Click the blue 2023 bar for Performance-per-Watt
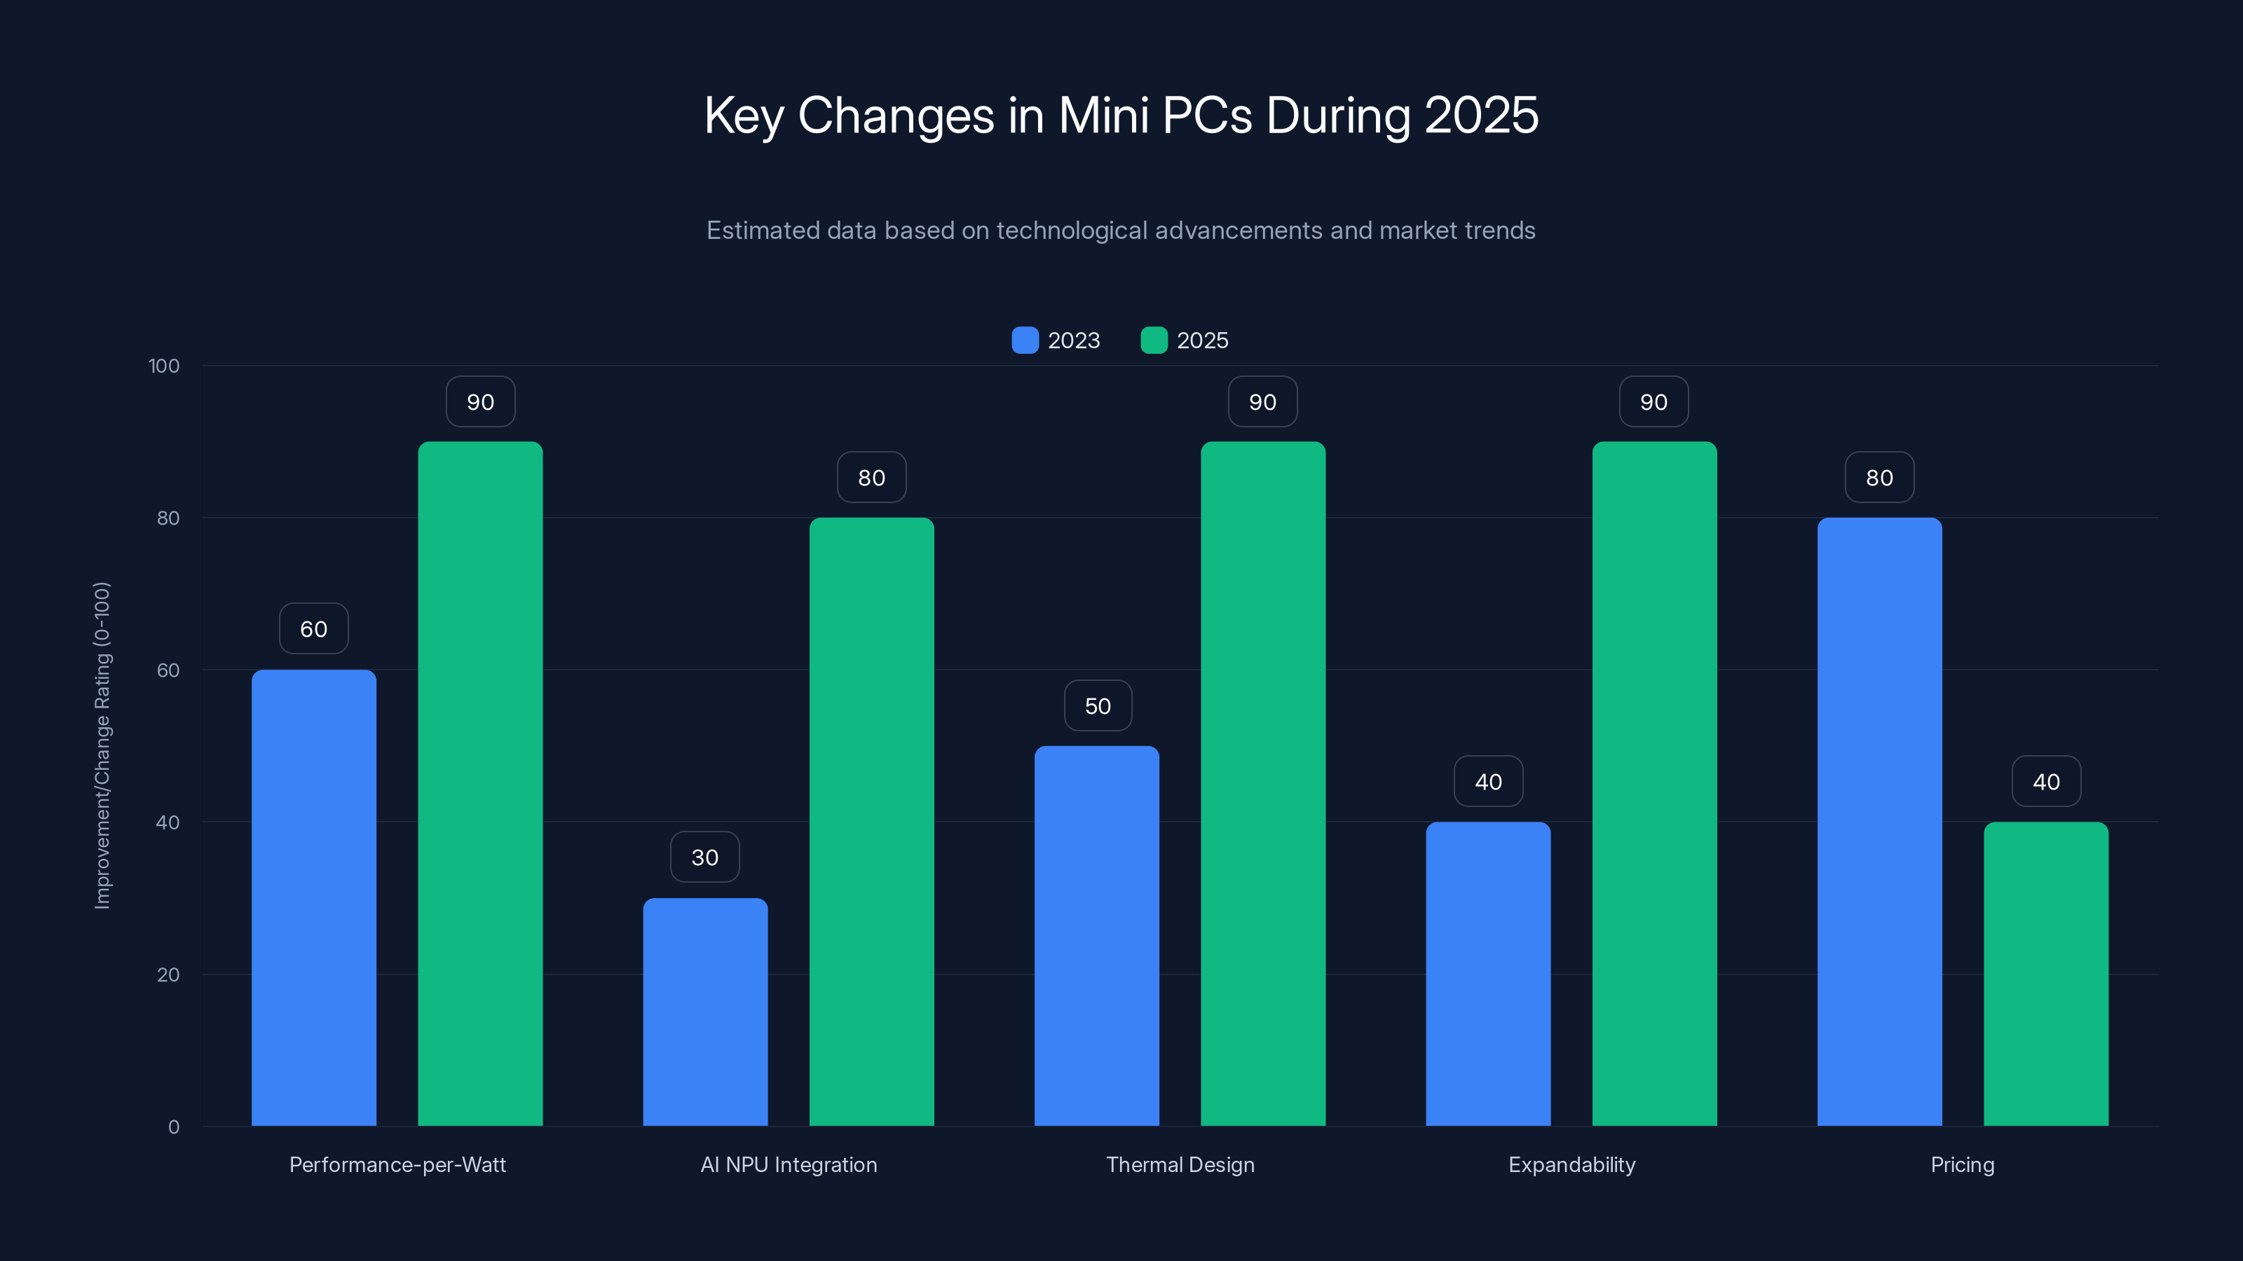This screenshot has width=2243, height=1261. pyautogui.click(x=313, y=897)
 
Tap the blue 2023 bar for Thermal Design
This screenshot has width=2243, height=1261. pyautogui.click(x=1096, y=935)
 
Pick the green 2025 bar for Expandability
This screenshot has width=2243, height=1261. pyautogui.click(x=1654, y=783)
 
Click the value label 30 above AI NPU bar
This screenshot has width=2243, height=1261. pyautogui.click(x=704, y=857)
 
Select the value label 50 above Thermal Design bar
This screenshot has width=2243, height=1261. pyautogui.click(x=1097, y=705)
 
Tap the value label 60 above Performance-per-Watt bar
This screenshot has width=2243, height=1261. pyautogui.click(x=313, y=629)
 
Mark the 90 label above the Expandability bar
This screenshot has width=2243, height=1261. pyautogui.click(x=1653, y=402)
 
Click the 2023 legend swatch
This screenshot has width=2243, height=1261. pyautogui.click(x=1025, y=340)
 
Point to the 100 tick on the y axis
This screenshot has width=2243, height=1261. pyautogui.click(x=164, y=366)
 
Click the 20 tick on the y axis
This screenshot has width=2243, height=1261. pyautogui.click(x=168, y=974)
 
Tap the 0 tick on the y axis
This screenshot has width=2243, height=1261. pyautogui.click(x=173, y=1127)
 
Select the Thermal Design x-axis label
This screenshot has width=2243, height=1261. pyautogui.click(x=1180, y=1164)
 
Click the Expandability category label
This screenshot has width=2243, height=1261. pyautogui.click(x=1571, y=1164)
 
